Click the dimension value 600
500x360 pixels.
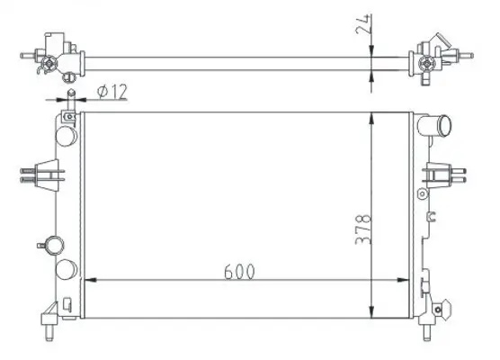[239, 272]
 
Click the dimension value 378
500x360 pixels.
[363, 229]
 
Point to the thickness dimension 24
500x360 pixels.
[363, 24]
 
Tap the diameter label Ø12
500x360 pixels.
[112, 92]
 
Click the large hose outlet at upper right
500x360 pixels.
[435, 125]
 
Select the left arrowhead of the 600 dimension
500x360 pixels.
[90, 280]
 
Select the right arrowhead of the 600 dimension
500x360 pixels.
[403, 280]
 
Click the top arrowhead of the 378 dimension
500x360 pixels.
[371, 119]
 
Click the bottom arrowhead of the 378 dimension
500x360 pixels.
[371, 312]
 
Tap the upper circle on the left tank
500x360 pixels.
[66, 136]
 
